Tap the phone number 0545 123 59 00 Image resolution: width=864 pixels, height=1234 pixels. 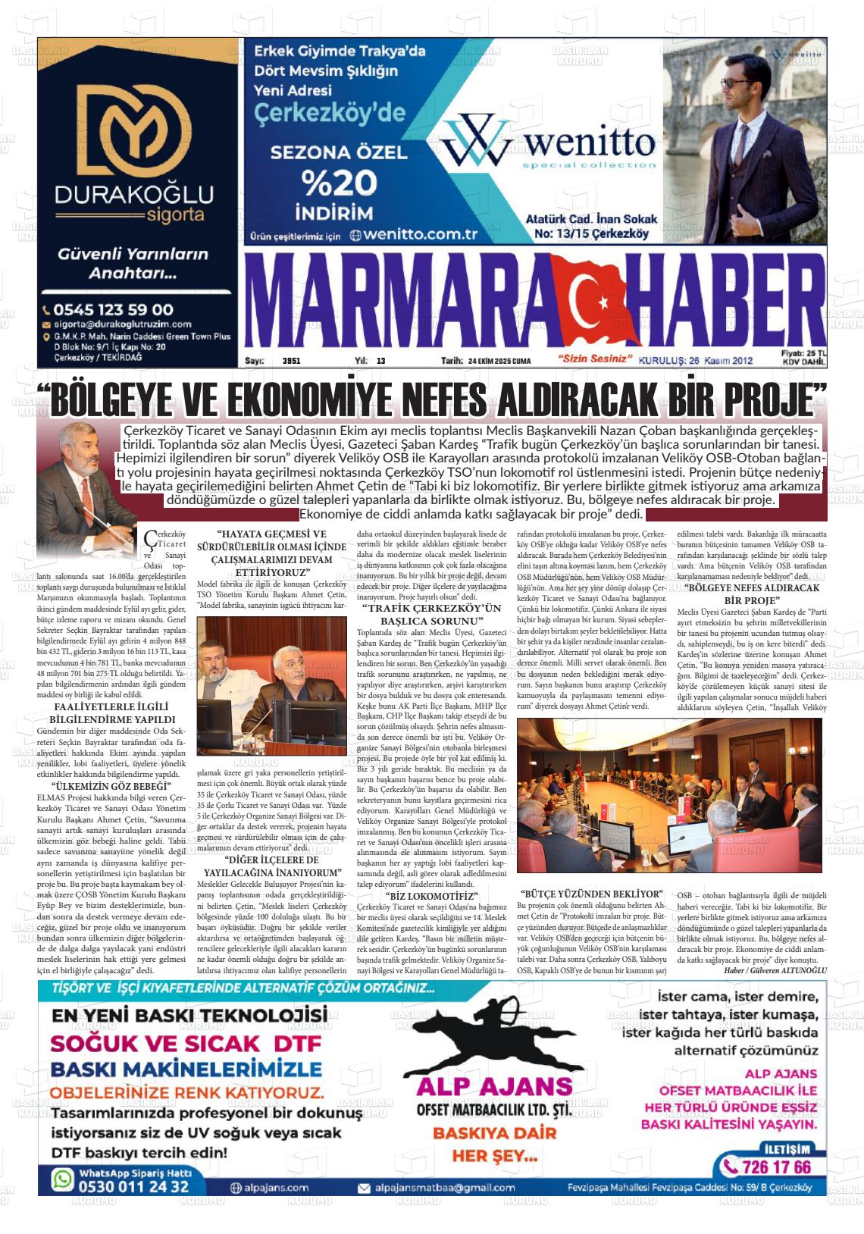point(114,309)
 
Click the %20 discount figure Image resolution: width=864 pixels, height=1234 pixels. point(338,183)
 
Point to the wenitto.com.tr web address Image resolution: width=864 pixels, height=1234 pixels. point(421,234)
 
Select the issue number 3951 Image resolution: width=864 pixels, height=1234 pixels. point(291,361)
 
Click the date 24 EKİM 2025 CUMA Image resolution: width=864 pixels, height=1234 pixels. point(499,361)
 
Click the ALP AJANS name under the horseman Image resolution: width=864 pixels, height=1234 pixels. point(494,1086)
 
